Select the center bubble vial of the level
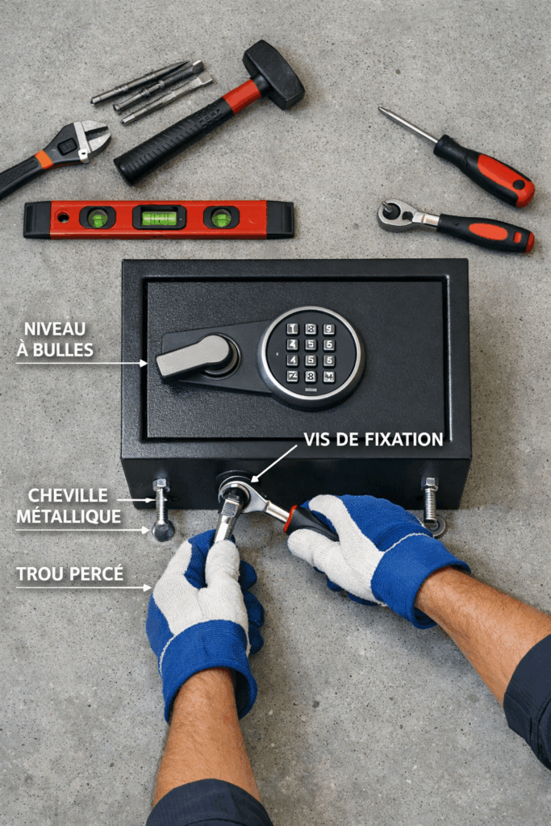(x=159, y=218)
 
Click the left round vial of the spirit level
(x=98, y=218)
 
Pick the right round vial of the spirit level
(x=221, y=218)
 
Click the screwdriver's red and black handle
(x=485, y=170)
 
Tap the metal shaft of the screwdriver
(x=407, y=126)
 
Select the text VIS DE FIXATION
(x=373, y=440)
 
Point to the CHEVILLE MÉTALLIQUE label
(x=68, y=506)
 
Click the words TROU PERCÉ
(x=70, y=574)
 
